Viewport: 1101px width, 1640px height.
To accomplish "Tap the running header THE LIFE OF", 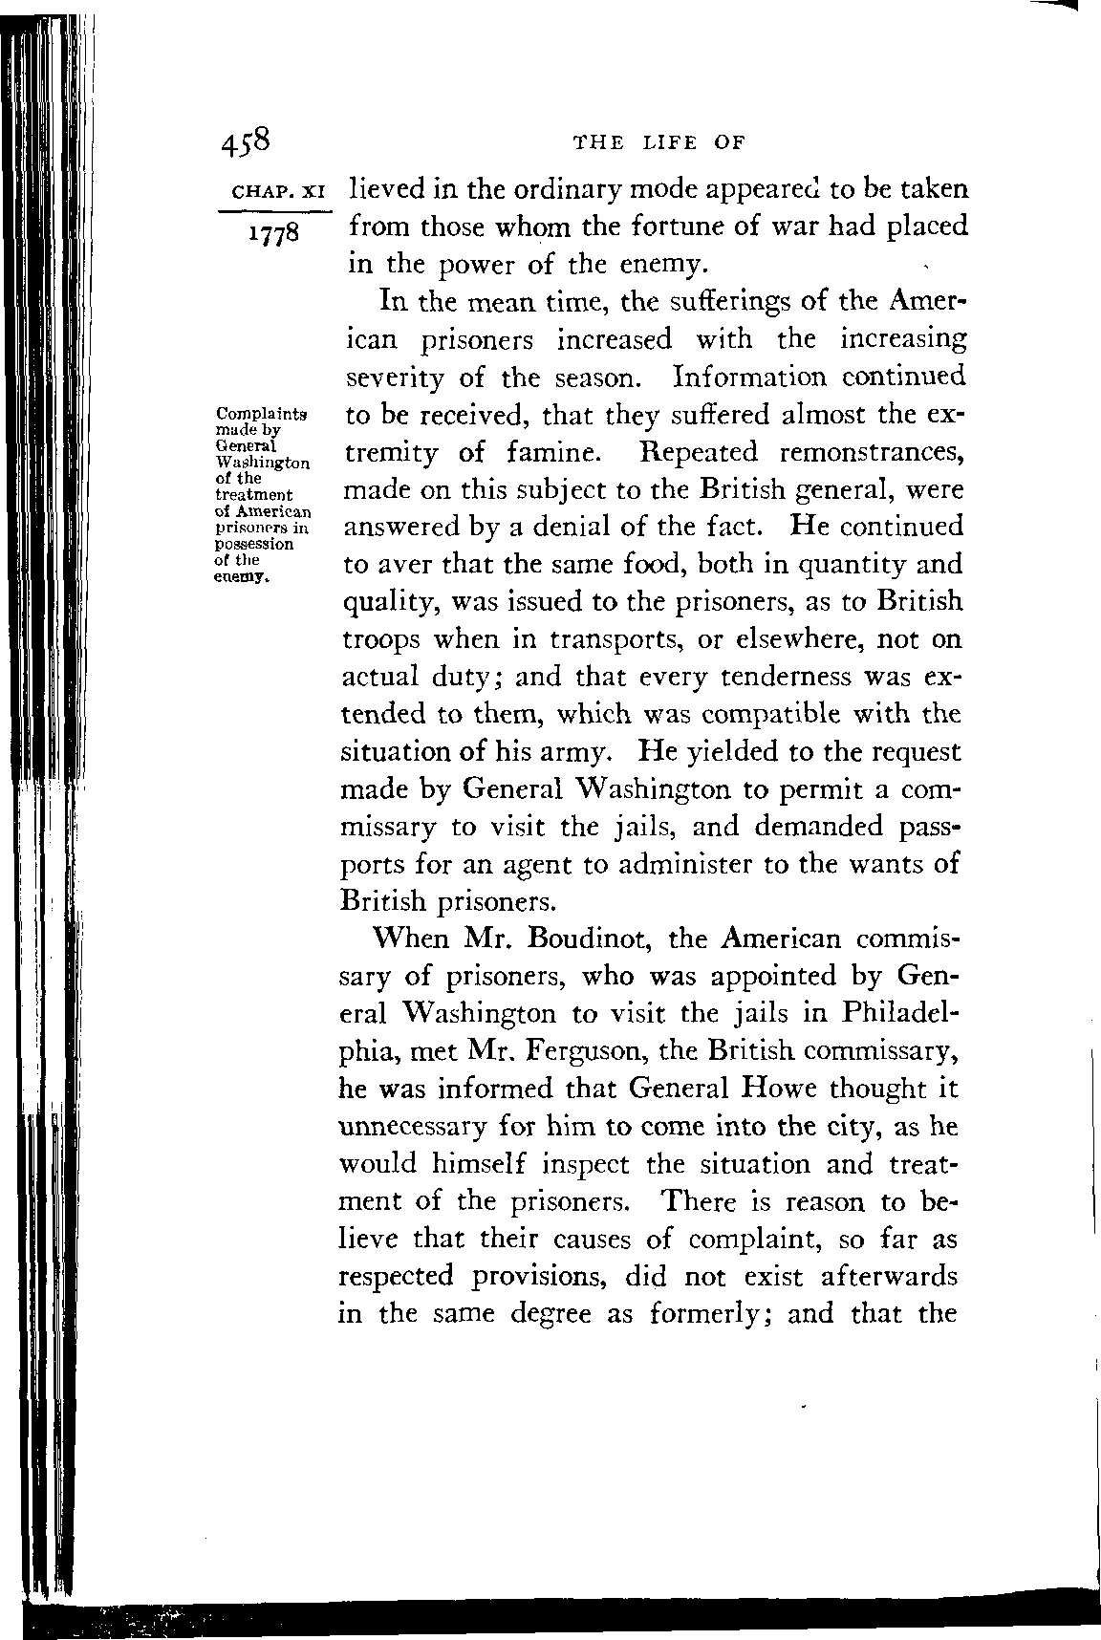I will pos(657,143).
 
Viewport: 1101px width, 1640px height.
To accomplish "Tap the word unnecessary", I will pos(413,1126).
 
